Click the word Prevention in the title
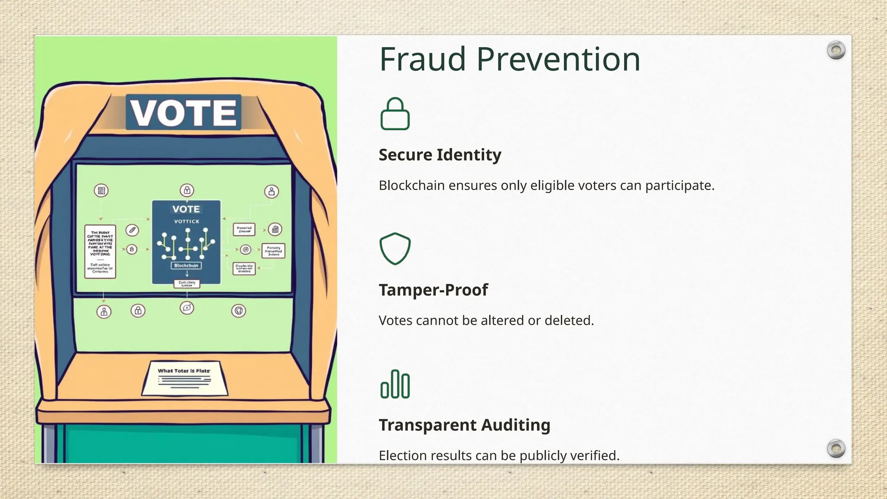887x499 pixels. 558,59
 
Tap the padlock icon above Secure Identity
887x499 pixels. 395,114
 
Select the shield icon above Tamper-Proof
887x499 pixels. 395,249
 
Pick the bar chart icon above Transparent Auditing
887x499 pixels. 395,384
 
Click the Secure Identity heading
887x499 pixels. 440,155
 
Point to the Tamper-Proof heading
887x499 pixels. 433,290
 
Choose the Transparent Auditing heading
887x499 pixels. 464,425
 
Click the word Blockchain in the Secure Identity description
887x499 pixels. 411,185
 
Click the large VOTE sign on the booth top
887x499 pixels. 184,113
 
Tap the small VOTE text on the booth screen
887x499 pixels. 186,209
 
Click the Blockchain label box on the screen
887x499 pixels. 186,266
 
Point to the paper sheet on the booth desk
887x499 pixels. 185,378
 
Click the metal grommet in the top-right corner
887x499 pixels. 836,51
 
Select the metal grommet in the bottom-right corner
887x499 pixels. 836,448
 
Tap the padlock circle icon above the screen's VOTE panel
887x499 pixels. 187,190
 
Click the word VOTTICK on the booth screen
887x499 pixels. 187,221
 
